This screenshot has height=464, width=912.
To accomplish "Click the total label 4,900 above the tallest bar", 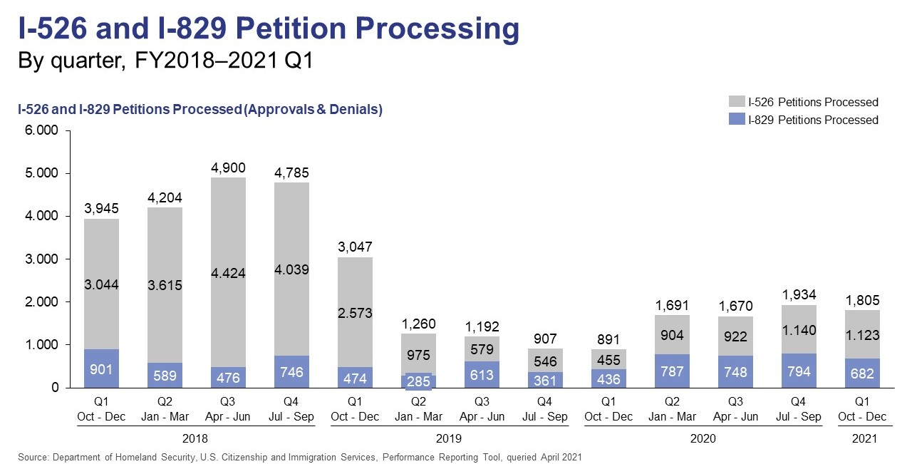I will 228,168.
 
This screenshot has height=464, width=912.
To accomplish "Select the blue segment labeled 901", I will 101,368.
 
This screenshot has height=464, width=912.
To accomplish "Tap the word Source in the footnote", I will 33,457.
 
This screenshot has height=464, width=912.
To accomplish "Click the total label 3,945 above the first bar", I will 101,209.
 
